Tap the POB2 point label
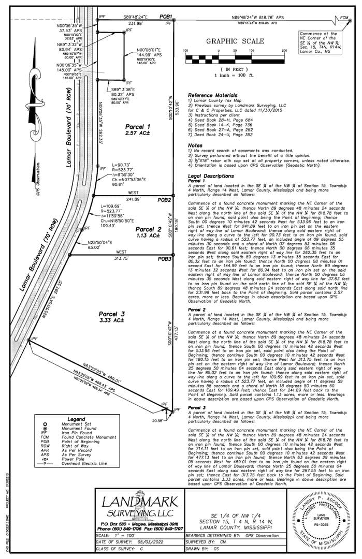[x=165, y=199]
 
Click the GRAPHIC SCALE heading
[x=235, y=41]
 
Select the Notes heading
[x=195, y=145]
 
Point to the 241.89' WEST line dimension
[x=134, y=199]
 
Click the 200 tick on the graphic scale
[x=284, y=51]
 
